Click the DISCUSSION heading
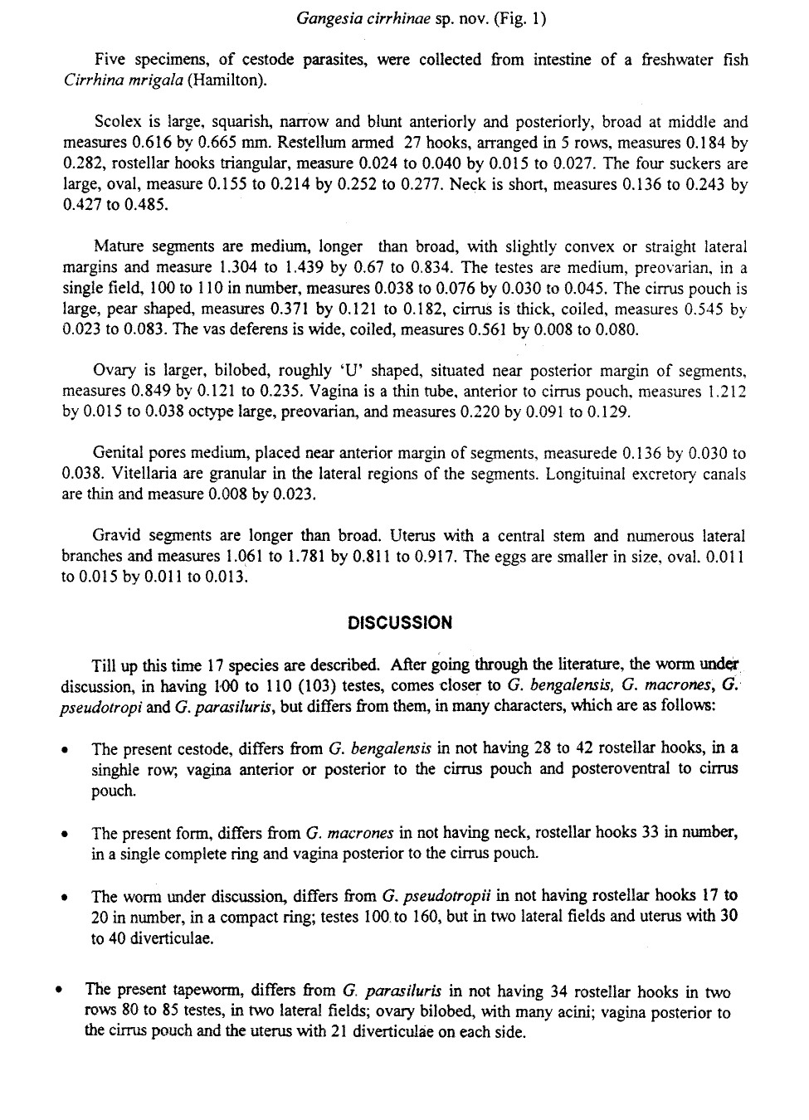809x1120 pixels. (400, 622)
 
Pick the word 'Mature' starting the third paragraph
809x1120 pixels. (118, 246)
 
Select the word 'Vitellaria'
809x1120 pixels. (98, 475)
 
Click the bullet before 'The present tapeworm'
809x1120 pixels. (59, 991)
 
